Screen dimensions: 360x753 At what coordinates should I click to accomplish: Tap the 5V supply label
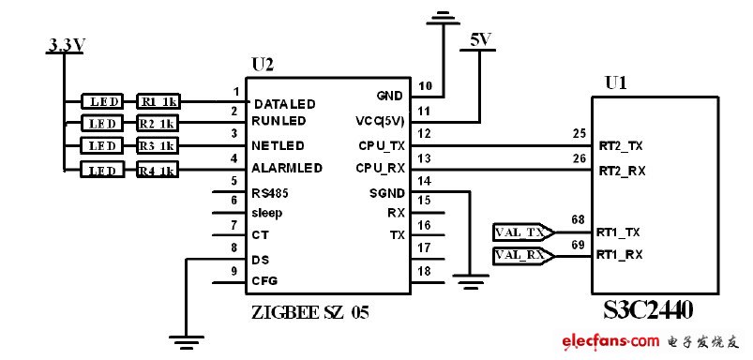pos(478,41)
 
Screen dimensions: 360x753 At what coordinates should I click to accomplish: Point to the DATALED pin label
pos(284,103)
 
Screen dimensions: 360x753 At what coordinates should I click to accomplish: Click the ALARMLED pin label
pos(287,168)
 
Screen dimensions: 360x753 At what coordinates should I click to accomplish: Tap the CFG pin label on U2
pos(264,280)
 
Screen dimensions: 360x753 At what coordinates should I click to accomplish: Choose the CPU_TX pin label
pos(382,145)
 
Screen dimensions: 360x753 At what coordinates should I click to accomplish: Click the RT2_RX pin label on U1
pos(622,171)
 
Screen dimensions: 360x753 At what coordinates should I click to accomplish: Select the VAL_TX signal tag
pos(521,232)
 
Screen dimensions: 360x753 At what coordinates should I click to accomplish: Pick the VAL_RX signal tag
pos(521,255)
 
